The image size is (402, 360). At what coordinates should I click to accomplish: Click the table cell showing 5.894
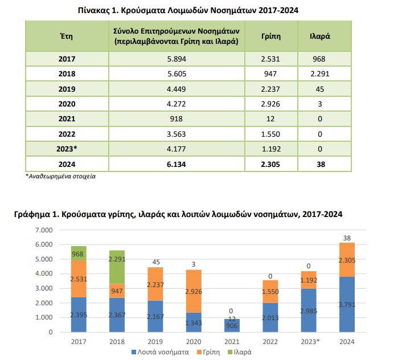pos(177,59)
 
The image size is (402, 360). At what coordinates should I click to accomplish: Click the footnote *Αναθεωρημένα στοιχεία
pos(61,176)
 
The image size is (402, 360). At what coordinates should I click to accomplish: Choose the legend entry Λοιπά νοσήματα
pos(161,352)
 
